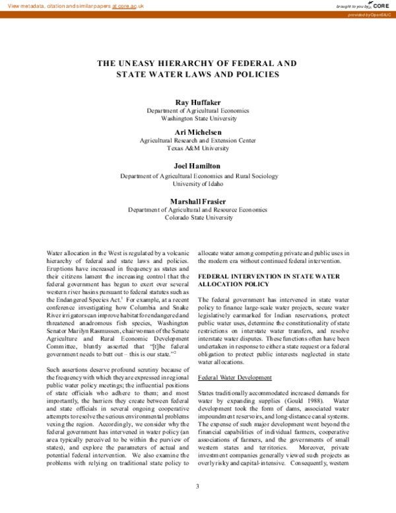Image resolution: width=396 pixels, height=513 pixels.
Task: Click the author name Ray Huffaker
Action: click(x=197, y=102)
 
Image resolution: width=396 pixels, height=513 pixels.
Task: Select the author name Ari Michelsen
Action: click(x=197, y=132)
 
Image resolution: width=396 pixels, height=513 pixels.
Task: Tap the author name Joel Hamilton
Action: click(x=197, y=165)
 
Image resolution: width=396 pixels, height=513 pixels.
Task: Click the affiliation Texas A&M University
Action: click(x=197, y=149)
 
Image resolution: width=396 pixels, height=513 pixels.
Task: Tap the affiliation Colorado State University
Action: click(x=197, y=217)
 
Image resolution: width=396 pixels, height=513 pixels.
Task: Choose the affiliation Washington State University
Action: click(x=197, y=119)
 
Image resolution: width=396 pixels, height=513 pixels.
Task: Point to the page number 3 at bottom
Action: click(x=197, y=487)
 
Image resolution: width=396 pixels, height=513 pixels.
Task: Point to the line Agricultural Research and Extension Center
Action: click(x=197, y=140)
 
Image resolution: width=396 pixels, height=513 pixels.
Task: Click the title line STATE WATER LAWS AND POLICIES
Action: click(x=197, y=75)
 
